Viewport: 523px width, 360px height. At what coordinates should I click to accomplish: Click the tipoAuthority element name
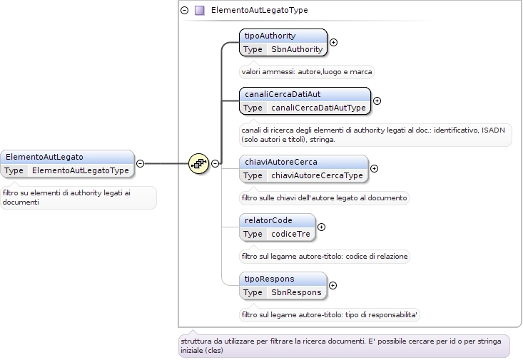[x=270, y=36]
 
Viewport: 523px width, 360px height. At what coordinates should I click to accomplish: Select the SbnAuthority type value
[x=297, y=49]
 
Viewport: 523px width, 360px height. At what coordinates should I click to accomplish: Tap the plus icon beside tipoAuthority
[x=333, y=42]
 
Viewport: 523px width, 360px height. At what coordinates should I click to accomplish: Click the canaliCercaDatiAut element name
[x=283, y=94]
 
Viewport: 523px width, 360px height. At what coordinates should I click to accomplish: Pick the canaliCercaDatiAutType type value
[x=318, y=108]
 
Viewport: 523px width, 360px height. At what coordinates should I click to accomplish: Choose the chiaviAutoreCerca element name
[x=281, y=162]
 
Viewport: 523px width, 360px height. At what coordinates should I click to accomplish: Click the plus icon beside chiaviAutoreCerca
[x=375, y=169]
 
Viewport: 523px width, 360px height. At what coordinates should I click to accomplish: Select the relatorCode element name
[x=268, y=220]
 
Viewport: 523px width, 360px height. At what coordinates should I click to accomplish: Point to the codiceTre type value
[x=290, y=234]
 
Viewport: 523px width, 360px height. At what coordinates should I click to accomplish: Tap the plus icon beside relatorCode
[x=321, y=227]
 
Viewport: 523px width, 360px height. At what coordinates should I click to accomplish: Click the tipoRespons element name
[x=269, y=279]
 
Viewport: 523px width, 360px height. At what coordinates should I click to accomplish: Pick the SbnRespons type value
[x=296, y=292]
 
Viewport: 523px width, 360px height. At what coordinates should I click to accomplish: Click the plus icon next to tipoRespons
[x=332, y=286]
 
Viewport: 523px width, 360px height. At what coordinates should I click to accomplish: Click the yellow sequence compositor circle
[x=199, y=164]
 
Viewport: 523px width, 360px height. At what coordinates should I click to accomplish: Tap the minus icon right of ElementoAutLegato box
[x=141, y=164]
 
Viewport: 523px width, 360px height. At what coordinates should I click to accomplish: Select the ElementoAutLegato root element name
[x=44, y=157]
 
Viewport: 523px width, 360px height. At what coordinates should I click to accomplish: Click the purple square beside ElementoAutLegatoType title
[x=200, y=10]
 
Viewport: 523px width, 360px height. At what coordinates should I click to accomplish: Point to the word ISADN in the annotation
[x=493, y=130]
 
